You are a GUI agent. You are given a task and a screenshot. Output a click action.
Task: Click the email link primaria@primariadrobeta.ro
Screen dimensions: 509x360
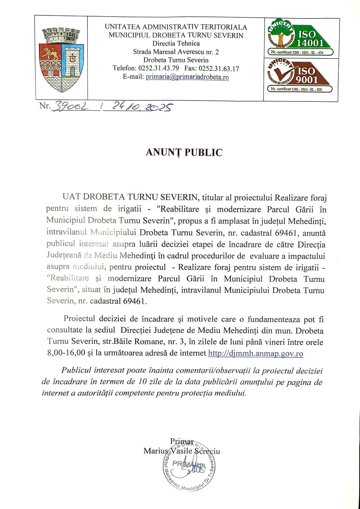[187, 77]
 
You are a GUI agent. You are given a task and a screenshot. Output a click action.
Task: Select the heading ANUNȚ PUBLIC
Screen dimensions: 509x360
[184, 153]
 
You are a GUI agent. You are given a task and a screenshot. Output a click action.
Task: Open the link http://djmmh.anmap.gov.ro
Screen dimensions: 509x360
[255, 353]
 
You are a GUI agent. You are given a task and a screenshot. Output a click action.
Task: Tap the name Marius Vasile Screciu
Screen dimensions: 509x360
[182, 451]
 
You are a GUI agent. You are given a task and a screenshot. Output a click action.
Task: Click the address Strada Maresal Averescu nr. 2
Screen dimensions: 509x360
[176, 52]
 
